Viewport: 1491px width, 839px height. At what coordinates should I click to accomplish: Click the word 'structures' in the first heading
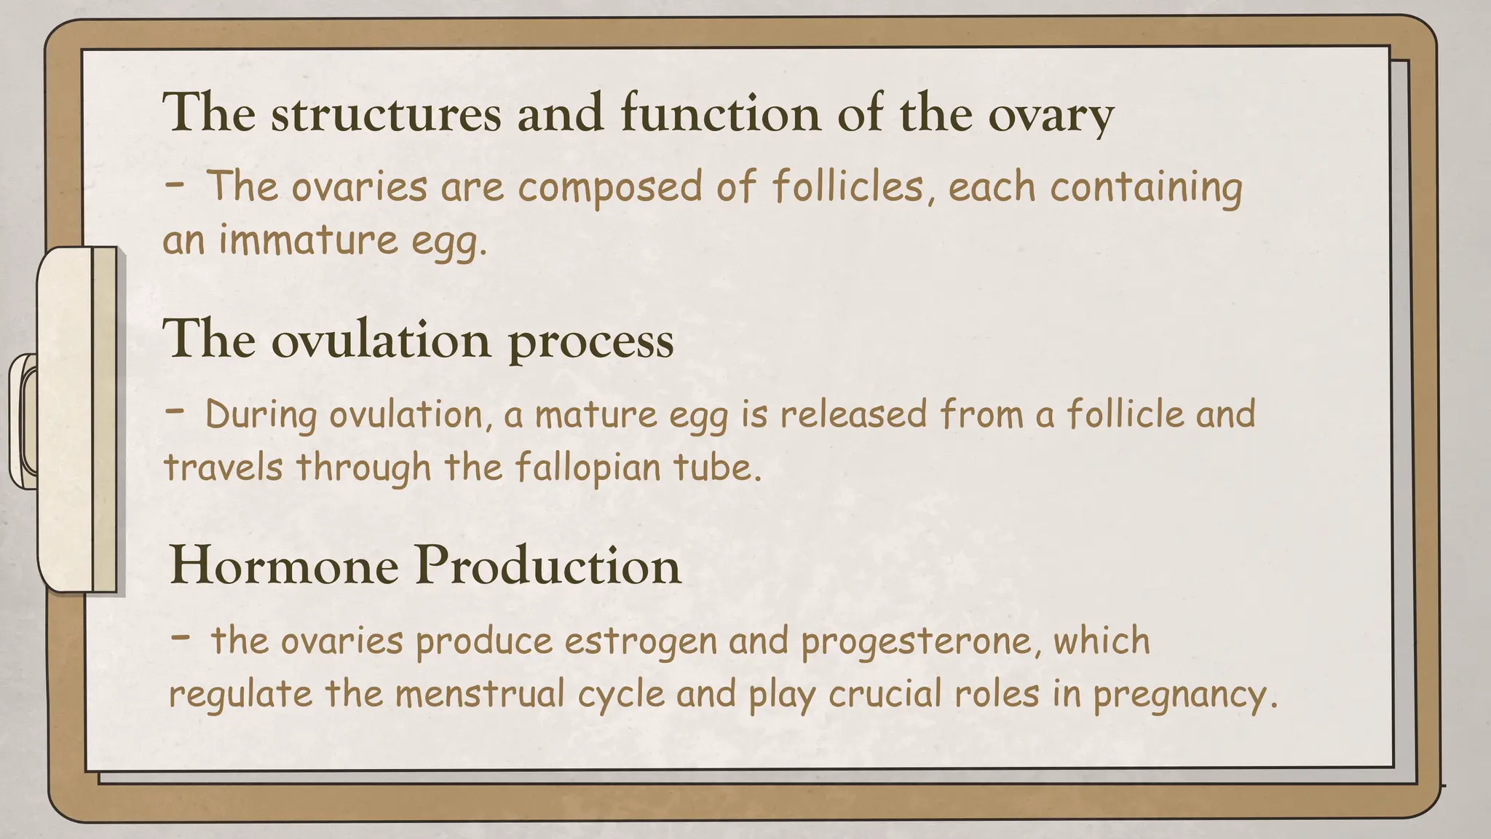(x=386, y=114)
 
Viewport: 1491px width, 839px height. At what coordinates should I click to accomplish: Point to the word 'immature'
(x=309, y=240)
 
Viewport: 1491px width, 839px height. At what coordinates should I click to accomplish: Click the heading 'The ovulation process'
(x=418, y=339)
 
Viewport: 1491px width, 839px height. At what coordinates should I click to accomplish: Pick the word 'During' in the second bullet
(x=261, y=414)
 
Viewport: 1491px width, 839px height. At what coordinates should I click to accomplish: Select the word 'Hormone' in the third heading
(x=284, y=566)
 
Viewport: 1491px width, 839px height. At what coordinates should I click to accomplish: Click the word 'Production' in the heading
(x=547, y=566)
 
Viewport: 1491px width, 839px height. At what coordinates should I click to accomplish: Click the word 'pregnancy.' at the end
(x=1185, y=693)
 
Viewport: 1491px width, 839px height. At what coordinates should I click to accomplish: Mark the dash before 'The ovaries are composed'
(x=175, y=184)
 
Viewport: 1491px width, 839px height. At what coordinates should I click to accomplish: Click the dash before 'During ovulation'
(x=175, y=411)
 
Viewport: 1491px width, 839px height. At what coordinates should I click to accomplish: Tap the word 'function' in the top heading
(x=720, y=114)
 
